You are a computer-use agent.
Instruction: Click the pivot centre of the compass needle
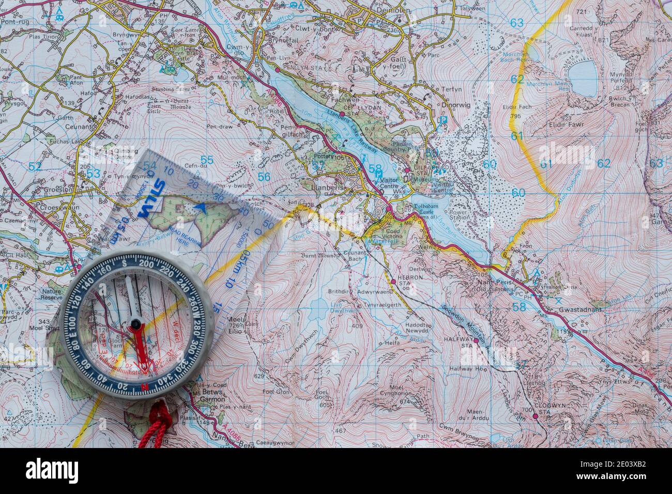pos(135,325)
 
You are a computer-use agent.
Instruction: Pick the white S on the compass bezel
pos(126,263)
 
